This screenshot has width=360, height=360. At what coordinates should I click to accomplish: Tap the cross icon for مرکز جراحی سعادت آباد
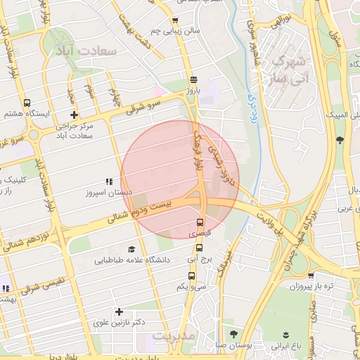click(74, 115)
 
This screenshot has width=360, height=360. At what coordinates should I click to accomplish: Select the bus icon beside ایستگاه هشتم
click(27, 103)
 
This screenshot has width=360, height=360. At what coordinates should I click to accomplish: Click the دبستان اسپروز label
click(105, 192)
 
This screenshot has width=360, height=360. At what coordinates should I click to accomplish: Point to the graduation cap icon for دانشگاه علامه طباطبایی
click(131, 249)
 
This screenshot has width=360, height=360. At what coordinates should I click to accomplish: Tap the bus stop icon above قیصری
click(200, 222)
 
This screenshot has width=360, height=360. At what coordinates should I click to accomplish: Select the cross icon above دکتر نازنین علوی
click(119, 311)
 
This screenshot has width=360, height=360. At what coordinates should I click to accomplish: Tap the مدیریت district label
click(172, 337)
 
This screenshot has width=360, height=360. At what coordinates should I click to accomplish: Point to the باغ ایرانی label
click(286, 347)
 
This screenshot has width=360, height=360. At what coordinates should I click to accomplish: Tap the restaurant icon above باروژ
click(193, 79)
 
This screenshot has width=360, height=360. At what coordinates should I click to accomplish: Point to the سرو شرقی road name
click(144, 105)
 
